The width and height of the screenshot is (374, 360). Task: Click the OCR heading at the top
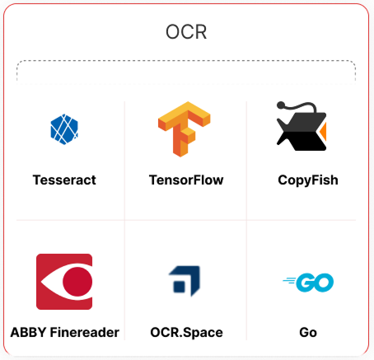coord(186,32)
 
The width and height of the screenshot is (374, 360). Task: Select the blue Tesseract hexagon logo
coord(64,129)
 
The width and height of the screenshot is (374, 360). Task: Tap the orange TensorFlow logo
coord(185,129)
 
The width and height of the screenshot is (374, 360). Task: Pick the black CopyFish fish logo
coord(302,126)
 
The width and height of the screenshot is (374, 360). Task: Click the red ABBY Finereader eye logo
coord(64,282)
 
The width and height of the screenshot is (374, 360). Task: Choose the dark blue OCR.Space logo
coord(185,281)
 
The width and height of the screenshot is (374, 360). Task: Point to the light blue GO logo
coord(308,283)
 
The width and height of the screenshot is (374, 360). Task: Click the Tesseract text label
coord(64,180)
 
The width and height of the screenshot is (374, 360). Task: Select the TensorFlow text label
coord(186,180)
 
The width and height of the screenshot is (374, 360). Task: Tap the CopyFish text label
coord(308,180)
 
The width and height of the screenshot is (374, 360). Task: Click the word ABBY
coord(28,332)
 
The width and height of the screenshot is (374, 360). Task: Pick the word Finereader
coord(85,332)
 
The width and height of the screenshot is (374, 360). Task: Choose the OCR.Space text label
coord(186,333)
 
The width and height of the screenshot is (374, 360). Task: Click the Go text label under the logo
coord(308,332)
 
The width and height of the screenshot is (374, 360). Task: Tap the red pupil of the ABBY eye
coord(77,282)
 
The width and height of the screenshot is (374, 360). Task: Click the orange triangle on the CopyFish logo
coord(323,131)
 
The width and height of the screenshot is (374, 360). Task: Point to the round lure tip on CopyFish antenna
coord(281,105)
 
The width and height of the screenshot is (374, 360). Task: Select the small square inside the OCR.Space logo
coord(180,287)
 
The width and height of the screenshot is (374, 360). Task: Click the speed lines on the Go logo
coord(289,281)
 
